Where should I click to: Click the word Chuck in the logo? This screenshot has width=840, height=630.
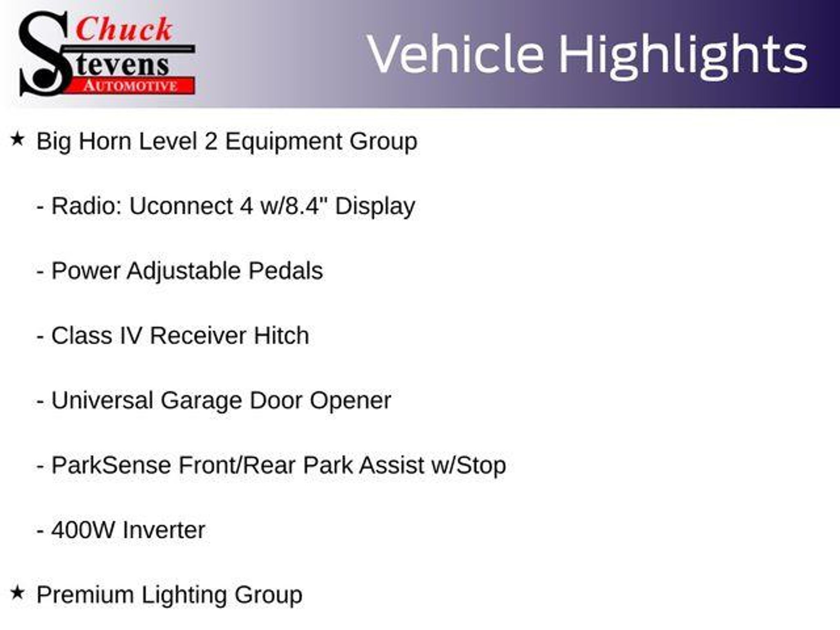pos(124,29)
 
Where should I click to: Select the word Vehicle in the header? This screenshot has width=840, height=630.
pos(456,54)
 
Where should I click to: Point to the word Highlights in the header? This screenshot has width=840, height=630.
pos(683,55)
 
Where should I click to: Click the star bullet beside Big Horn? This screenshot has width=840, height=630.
pos(17,139)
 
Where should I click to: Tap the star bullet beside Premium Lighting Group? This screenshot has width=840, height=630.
pos(17,593)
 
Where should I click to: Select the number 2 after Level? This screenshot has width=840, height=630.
pos(211,141)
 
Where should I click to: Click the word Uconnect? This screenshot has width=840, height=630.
pos(181,206)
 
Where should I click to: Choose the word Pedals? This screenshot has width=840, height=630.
pos(285,271)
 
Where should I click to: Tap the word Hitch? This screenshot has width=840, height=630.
pos(281,336)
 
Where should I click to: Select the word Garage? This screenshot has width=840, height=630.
pos(201,401)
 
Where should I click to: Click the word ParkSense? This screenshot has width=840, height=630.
pos(111,465)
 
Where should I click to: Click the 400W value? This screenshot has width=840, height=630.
pos(83,530)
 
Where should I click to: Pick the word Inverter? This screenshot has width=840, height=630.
pos(164,530)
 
